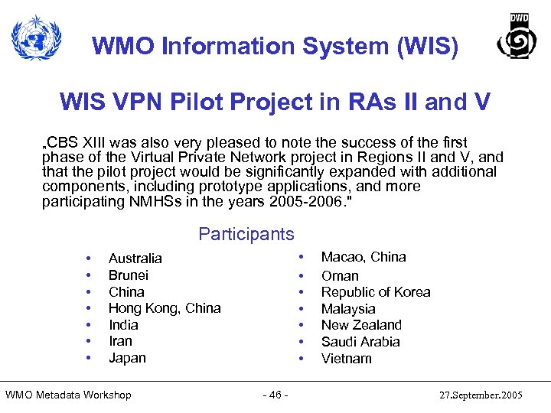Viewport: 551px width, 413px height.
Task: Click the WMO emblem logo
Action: [x=37, y=39]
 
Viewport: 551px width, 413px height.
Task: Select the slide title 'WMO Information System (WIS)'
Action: [x=275, y=47]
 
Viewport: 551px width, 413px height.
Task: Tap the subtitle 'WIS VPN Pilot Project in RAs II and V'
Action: [x=275, y=102]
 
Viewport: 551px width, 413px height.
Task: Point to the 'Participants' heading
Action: [x=246, y=234]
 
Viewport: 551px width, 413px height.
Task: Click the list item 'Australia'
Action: [x=135, y=259]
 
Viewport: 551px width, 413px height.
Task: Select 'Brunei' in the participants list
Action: [x=129, y=275]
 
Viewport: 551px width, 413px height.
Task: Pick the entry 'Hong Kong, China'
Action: [x=165, y=308]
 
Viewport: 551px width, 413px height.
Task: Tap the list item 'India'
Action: [x=123, y=325]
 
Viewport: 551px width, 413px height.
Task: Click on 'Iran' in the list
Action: [x=120, y=341]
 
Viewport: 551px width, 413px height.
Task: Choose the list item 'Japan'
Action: [x=127, y=358]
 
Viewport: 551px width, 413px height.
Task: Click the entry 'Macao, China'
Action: [x=364, y=257]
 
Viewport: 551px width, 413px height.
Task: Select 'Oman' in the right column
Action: [x=340, y=276]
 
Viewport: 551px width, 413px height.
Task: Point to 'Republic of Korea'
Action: [x=376, y=292]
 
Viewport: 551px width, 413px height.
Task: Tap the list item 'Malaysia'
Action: [x=348, y=309]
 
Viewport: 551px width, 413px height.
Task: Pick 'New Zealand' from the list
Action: [x=361, y=325]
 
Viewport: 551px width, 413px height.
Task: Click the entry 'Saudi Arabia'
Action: [x=360, y=342]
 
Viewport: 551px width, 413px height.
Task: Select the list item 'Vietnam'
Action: [x=346, y=359]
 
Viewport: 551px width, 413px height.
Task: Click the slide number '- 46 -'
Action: [x=275, y=395]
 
